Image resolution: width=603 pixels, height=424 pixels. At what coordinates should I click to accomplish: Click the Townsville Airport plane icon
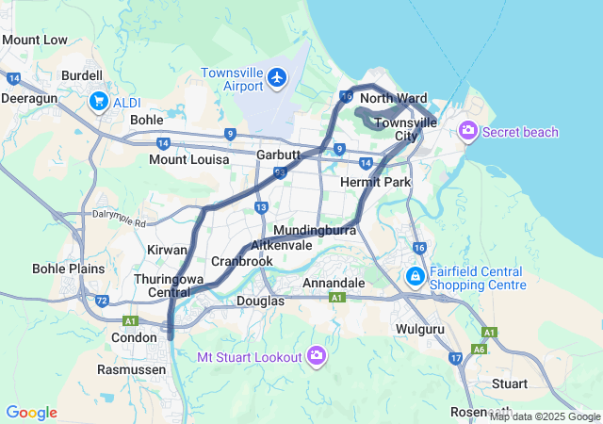[277, 76]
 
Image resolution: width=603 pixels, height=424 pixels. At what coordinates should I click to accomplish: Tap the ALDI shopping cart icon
[98, 100]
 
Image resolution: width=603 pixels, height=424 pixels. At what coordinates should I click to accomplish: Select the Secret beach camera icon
[468, 132]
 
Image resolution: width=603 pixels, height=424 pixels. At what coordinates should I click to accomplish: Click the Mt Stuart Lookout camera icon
[317, 356]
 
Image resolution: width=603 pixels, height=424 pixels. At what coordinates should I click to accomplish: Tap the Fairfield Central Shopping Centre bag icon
[415, 277]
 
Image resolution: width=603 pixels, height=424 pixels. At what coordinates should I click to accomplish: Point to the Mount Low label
[35, 40]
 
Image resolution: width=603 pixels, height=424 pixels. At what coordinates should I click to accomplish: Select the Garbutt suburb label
[278, 155]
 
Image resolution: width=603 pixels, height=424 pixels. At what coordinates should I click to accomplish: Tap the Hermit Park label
[375, 181]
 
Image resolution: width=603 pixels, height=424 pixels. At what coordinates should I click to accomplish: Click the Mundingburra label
[313, 230]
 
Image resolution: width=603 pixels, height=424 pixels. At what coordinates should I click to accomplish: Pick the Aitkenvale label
[282, 244]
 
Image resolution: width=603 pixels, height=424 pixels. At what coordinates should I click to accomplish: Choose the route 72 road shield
[101, 301]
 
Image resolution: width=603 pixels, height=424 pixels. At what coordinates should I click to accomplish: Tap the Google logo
[31, 413]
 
